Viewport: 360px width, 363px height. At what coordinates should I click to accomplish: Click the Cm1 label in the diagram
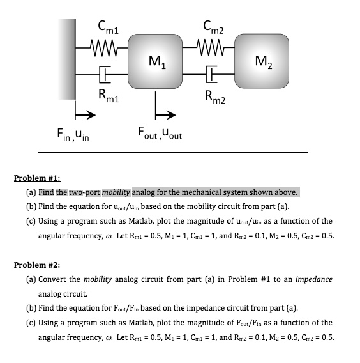pyautogui.click(x=105, y=27)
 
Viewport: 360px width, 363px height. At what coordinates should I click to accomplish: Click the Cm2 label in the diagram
pyautogui.click(x=212, y=27)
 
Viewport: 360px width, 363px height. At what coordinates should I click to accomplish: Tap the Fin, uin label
pyautogui.click(x=71, y=135)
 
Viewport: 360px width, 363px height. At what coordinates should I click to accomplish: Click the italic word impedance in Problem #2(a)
pyautogui.click(x=313, y=280)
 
